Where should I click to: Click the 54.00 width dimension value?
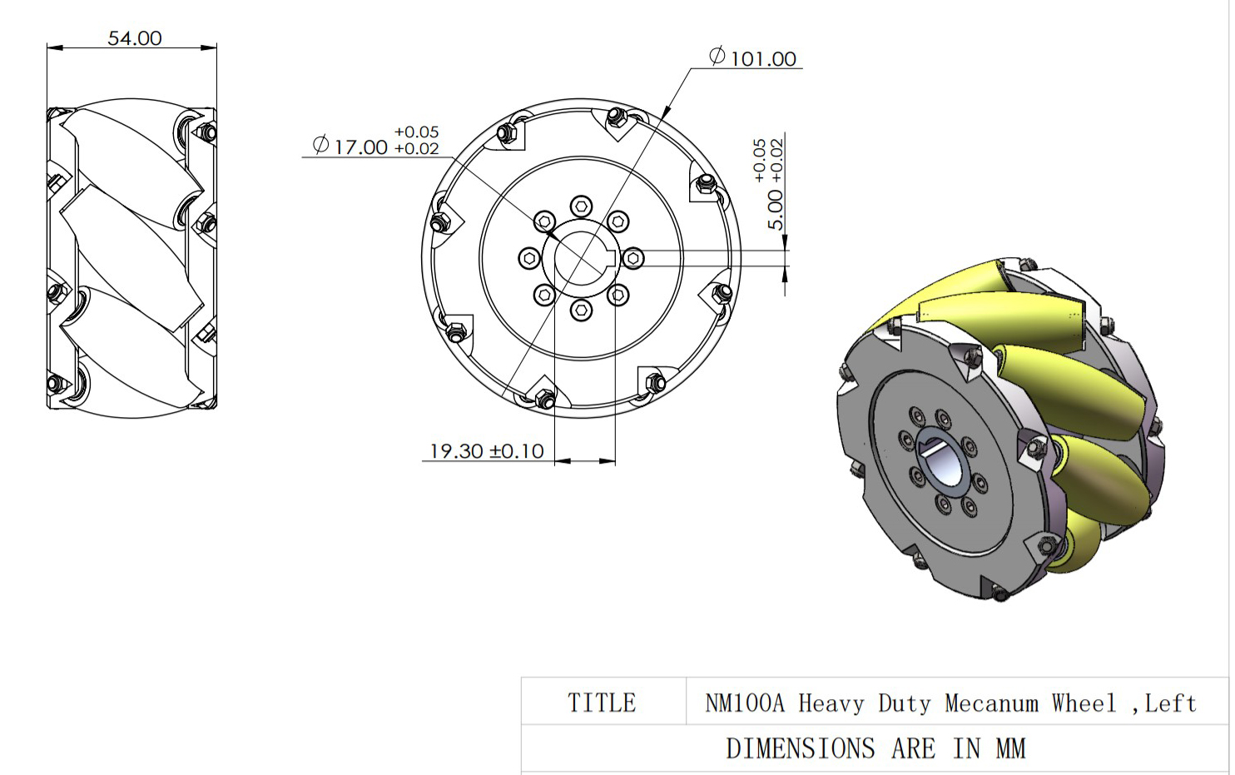pos(135,38)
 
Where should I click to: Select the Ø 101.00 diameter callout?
pos(753,57)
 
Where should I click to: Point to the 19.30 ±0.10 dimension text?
pos(486,451)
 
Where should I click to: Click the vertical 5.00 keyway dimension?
pos(775,210)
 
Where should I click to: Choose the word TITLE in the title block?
pos(602,703)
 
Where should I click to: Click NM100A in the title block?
pos(744,703)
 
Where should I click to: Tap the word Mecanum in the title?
pos(991,703)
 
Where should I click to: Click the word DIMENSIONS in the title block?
pos(800,748)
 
